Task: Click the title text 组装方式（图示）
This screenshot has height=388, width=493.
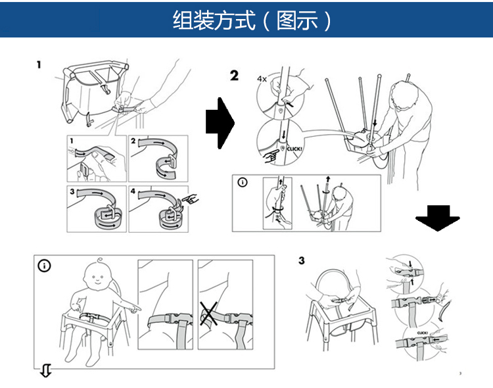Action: [x=253, y=20]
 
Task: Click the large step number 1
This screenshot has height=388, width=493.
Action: [x=39, y=65]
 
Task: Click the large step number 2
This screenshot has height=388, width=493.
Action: [x=235, y=76]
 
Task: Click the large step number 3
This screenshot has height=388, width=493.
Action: [x=302, y=260]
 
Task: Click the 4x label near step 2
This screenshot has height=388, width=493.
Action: [x=262, y=79]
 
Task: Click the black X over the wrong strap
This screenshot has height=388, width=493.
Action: [x=211, y=315]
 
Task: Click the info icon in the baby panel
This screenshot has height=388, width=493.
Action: [x=44, y=266]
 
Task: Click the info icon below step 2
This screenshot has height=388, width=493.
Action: [x=243, y=182]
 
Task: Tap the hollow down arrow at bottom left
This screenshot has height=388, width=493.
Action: [x=45, y=373]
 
